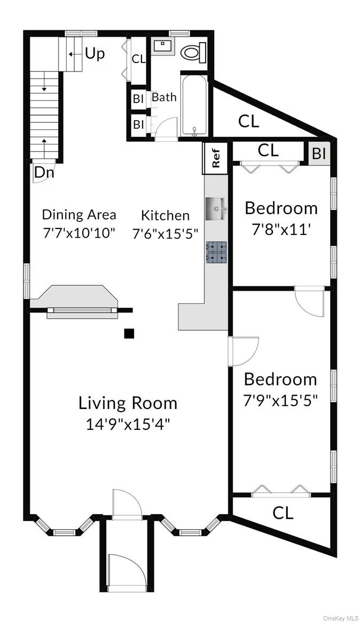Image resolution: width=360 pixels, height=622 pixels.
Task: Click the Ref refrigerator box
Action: [x=216, y=158]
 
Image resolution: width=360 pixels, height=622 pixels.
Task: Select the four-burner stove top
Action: [x=216, y=251]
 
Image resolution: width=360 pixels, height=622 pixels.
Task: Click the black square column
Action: [x=129, y=334]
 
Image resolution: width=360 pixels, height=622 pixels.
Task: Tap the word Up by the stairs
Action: [x=95, y=54]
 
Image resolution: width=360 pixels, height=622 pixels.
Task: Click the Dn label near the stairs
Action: [x=44, y=172]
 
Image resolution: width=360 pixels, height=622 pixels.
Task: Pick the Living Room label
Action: [x=128, y=403]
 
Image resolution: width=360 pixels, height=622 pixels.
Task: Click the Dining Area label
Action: [x=79, y=215]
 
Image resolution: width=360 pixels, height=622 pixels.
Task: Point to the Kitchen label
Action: [x=165, y=215]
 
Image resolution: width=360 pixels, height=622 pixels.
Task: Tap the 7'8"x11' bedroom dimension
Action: [x=281, y=230]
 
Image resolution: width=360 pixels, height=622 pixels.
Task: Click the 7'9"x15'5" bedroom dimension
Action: [x=281, y=401]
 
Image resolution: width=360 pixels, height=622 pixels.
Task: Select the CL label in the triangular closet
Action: [x=248, y=122]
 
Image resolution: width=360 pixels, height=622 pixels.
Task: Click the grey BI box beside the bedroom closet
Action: [x=319, y=153]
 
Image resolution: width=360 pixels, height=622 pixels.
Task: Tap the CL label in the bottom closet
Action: [x=283, y=514]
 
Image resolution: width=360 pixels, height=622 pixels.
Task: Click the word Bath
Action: [x=164, y=98]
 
